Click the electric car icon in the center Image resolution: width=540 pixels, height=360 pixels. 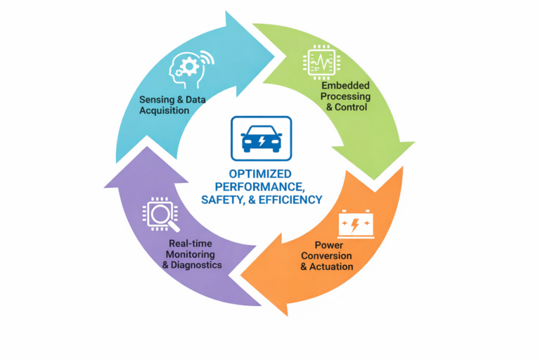[261, 136]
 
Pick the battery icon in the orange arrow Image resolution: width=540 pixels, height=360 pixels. [357, 224]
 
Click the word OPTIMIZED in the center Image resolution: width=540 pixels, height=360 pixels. [261, 173]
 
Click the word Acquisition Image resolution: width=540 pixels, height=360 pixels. [164, 111]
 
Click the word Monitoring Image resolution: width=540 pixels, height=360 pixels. [192, 253]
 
